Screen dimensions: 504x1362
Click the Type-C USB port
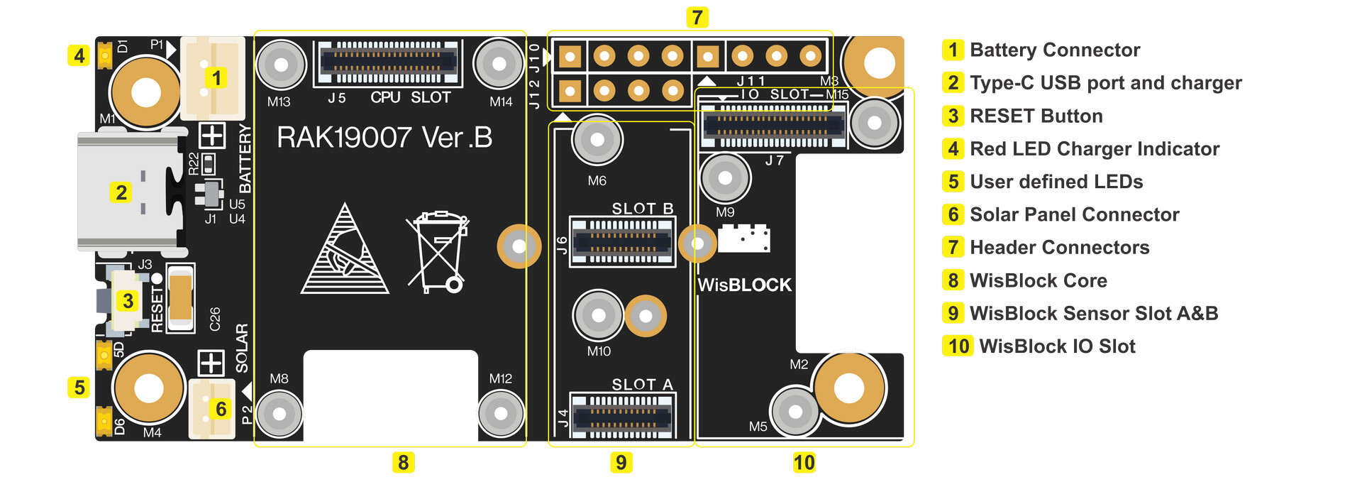(x=128, y=192)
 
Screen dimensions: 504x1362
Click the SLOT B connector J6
(x=622, y=242)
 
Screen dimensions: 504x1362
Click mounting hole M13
(x=281, y=65)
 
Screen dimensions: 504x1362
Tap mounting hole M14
(x=499, y=64)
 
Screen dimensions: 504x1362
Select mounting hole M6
(x=597, y=140)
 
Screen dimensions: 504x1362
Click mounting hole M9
(x=725, y=178)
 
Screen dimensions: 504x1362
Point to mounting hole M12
(x=501, y=413)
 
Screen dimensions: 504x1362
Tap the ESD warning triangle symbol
(x=345, y=252)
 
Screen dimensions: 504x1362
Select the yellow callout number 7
(x=697, y=17)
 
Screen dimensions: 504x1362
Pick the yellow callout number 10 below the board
(x=804, y=463)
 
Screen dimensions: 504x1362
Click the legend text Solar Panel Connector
(x=1074, y=214)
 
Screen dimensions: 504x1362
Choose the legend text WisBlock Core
(x=1038, y=280)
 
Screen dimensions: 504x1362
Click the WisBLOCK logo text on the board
(x=744, y=285)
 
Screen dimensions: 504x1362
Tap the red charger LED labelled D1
(x=105, y=54)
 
